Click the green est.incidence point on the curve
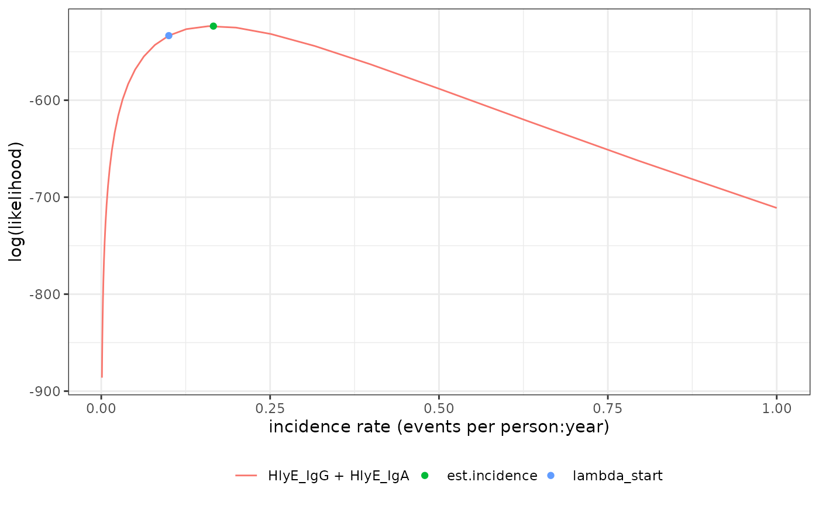(x=213, y=26)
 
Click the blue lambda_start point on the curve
(x=168, y=36)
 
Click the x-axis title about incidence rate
(x=439, y=428)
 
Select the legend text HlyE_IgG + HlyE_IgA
(x=338, y=476)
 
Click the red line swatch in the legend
(x=246, y=476)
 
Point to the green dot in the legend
(x=425, y=476)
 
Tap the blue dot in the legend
(x=551, y=476)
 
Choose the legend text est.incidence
(x=492, y=476)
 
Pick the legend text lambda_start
(x=618, y=476)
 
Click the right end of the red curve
(x=776, y=207)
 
